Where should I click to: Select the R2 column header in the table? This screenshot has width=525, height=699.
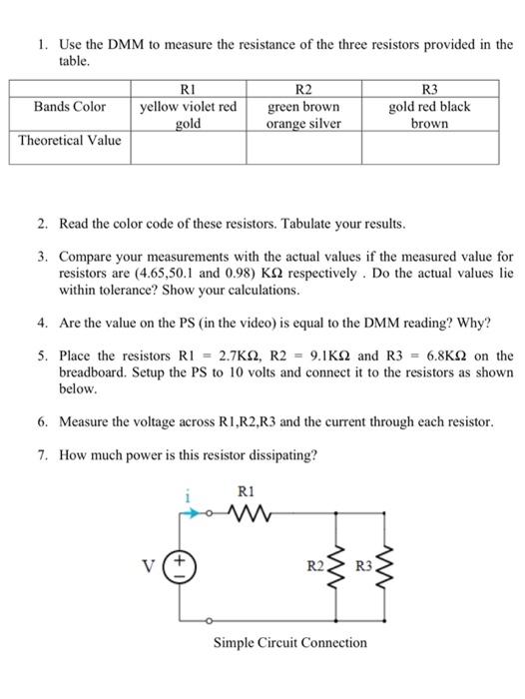(304, 88)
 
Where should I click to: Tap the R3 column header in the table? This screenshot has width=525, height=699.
(430, 88)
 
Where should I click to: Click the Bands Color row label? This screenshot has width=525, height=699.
(70, 106)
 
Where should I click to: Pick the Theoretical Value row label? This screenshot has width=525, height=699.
(70, 140)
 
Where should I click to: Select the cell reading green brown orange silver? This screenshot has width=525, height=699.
(304, 114)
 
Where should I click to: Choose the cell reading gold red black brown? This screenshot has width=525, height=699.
(430, 114)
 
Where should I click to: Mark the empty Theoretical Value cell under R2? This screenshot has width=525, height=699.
(304, 147)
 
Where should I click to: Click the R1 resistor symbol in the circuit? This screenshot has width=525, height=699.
(245, 514)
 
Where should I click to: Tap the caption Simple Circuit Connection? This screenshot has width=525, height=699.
(289, 642)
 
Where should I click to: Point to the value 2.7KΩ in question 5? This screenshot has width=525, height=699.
(264, 355)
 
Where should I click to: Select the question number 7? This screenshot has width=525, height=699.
(42, 455)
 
